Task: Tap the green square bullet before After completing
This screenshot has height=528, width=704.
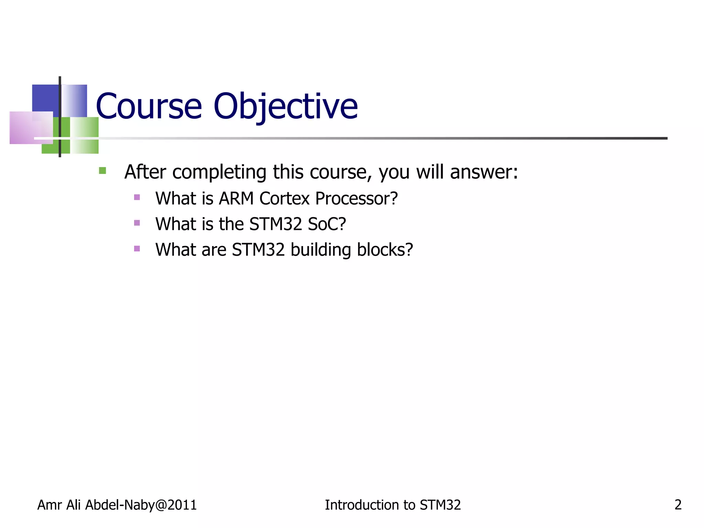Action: click(x=102, y=170)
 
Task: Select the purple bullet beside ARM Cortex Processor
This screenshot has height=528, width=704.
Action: click(x=137, y=197)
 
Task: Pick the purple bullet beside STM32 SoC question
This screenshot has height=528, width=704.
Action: click(x=137, y=223)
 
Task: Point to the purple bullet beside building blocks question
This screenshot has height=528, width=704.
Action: click(x=137, y=249)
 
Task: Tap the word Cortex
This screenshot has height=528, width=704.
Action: click(x=284, y=199)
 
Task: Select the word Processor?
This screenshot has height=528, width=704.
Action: click(x=356, y=199)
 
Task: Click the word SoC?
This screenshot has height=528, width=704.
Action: click(x=327, y=224)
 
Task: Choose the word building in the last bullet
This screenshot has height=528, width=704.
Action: click(x=321, y=250)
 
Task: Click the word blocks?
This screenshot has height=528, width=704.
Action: click(x=385, y=250)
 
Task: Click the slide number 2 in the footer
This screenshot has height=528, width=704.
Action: click(x=678, y=505)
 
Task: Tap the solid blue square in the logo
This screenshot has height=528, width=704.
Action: click(x=45, y=98)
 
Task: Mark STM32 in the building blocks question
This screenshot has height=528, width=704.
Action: click(x=258, y=250)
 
